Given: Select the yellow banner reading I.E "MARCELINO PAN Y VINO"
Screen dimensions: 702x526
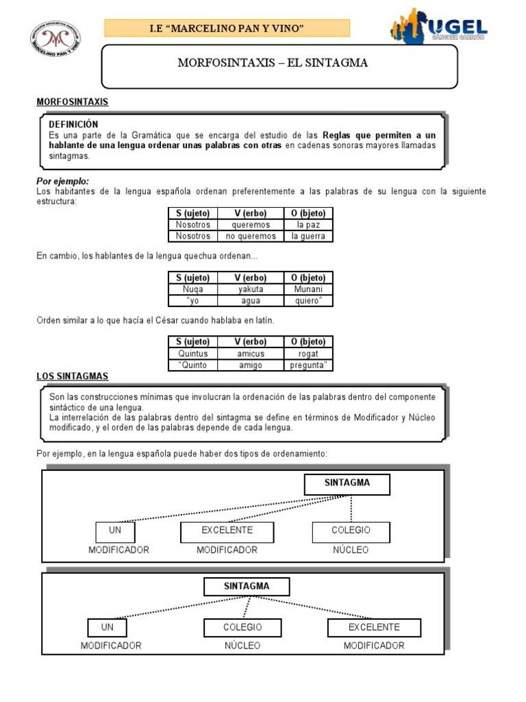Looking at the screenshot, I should (x=227, y=27).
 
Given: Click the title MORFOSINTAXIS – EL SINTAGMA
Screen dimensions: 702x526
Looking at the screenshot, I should (x=273, y=63).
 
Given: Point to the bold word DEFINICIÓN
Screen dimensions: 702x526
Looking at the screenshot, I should (x=73, y=124).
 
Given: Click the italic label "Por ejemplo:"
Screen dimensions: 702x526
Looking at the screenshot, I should (x=62, y=180).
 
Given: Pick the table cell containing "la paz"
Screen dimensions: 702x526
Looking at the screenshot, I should (x=308, y=224).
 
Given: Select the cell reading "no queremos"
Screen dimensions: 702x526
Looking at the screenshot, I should (x=251, y=236).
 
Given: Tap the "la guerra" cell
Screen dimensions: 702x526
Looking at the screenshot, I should (x=308, y=236).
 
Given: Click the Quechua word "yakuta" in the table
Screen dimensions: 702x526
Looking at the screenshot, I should (x=251, y=289).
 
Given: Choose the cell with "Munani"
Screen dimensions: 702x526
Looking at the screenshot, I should (x=308, y=289).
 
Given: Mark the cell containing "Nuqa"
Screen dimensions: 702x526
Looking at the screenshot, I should (x=192, y=289).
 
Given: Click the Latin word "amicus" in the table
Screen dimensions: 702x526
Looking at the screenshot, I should (x=251, y=353).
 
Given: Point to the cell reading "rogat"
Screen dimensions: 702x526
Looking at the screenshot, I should (x=308, y=353).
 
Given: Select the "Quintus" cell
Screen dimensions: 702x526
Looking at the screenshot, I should (x=192, y=353).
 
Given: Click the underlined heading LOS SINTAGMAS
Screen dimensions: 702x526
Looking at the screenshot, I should (x=72, y=376).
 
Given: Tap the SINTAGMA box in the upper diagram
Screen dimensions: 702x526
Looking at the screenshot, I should (x=347, y=483).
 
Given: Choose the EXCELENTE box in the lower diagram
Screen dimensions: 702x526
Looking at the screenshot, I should (x=374, y=627).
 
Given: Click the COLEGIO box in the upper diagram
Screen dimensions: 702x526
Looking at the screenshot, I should (x=351, y=531).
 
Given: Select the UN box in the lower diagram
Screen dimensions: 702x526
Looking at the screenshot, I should (x=107, y=627).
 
